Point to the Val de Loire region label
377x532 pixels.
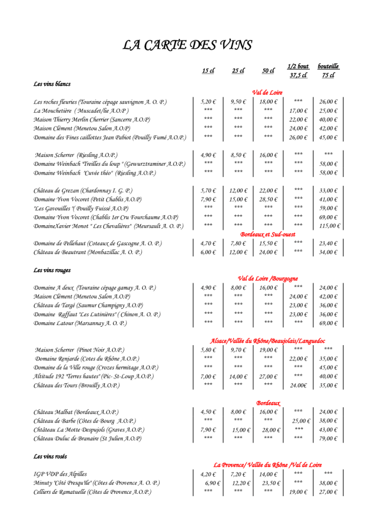267,92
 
